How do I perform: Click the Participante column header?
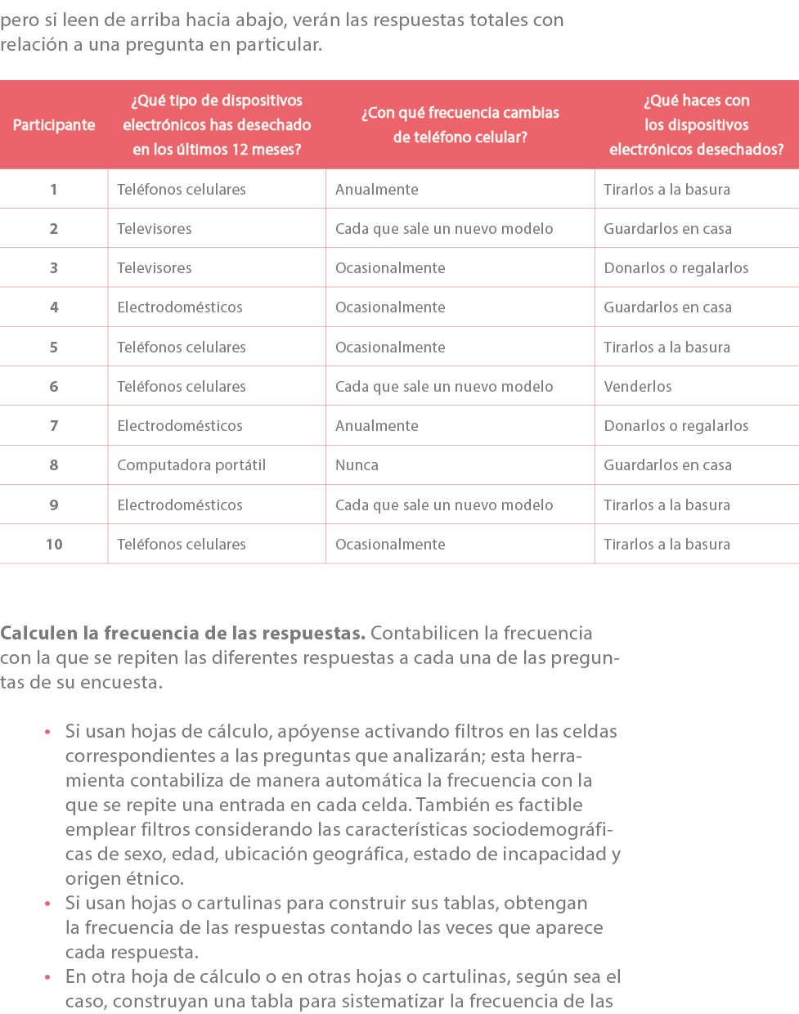coord(54,125)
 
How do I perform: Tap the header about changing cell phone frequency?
coord(460,125)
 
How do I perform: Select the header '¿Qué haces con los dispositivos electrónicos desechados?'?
coord(697,125)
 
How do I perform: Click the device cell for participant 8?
coord(191,465)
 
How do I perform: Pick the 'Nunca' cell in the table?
coord(357,465)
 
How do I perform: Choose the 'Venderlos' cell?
coord(638,387)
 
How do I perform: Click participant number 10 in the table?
coord(54,545)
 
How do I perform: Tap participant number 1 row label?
coord(54,190)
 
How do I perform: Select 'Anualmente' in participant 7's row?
coord(377,426)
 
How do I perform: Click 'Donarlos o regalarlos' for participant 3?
coord(676,268)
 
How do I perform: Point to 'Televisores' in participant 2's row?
coord(155,229)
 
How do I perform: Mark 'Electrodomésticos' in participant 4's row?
coord(180,307)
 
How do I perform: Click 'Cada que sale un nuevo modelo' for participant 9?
coord(444,505)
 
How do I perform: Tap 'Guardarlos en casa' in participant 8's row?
coord(667,465)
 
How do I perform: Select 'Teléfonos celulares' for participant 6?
coord(182,387)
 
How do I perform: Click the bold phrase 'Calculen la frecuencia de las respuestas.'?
coord(182,634)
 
